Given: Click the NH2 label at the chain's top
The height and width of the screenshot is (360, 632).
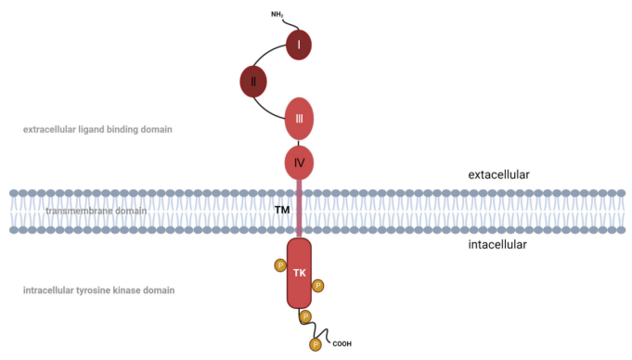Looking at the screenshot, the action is click(277, 15).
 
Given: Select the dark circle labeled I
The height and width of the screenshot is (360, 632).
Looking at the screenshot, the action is click(299, 45).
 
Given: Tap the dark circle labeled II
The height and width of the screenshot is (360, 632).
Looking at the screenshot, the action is click(253, 82).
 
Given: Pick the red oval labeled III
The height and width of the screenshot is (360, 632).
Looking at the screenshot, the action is click(299, 119).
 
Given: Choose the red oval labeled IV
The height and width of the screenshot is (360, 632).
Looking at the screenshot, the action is click(299, 162).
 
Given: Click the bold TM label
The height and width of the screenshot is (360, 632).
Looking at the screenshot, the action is click(282, 210).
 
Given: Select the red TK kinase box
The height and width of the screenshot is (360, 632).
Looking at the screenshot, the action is click(299, 273).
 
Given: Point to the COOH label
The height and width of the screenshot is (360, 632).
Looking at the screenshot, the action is click(342, 344).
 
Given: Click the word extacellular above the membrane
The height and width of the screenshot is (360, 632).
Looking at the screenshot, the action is click(498, 174).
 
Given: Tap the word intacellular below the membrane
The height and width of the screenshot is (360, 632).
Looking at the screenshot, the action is click(497, 244).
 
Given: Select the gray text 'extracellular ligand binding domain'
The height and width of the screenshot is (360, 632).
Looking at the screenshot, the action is click(97, 129).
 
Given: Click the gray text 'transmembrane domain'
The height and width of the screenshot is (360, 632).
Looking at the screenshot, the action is click(96, 211).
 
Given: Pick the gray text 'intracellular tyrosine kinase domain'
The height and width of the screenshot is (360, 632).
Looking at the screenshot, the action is click(98, 290).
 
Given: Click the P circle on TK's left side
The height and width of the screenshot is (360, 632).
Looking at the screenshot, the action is click(280, 265).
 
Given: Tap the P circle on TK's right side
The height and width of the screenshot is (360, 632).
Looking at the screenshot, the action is click(318, 286).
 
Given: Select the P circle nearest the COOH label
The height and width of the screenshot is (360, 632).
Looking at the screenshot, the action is click(316, 344).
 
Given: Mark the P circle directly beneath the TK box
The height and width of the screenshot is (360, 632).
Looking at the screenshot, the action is click(305, 316).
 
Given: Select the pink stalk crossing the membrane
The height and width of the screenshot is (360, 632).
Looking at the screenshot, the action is click(299, 208).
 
